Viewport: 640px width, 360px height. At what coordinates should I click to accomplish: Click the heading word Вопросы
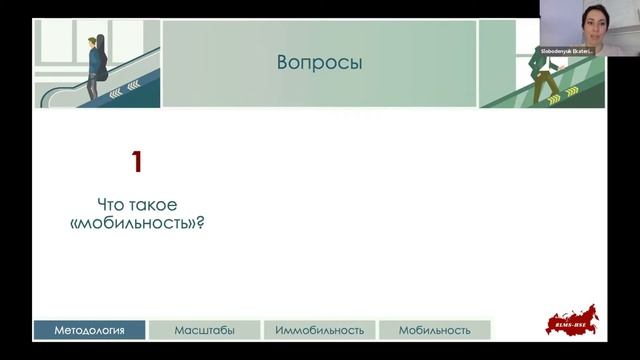point(319,64)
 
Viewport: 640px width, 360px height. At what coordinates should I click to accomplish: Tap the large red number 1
point(140,162)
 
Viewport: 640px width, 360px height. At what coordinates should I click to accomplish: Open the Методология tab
point(89,330)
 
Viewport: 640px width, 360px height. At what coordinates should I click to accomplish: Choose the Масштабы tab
point(203,330)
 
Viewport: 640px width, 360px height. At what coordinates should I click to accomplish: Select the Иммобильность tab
point(319,330)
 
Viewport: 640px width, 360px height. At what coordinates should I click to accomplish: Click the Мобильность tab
point(434,330)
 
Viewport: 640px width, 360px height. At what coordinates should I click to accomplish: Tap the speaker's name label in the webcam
point(567,50)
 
